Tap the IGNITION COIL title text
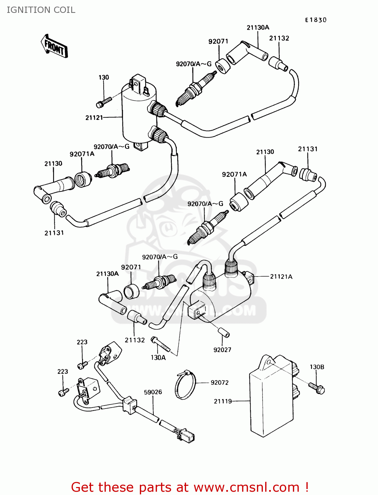tap(41, 10)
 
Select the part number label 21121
tap(94, 117)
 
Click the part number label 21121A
tap(281, 277)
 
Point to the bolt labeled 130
tap(104, 101)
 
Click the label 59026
tap(153, 392)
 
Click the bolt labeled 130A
tap(160, 344)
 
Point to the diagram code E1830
tap(315, 20)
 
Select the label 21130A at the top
tap(258, 27)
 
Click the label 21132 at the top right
tap(279, 38)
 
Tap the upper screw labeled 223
tap(82, 365)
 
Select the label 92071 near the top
tap(218, 41)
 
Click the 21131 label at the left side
tap(54, 233)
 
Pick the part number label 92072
tap(219, 382)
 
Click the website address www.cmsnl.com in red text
tap(246, 487)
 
